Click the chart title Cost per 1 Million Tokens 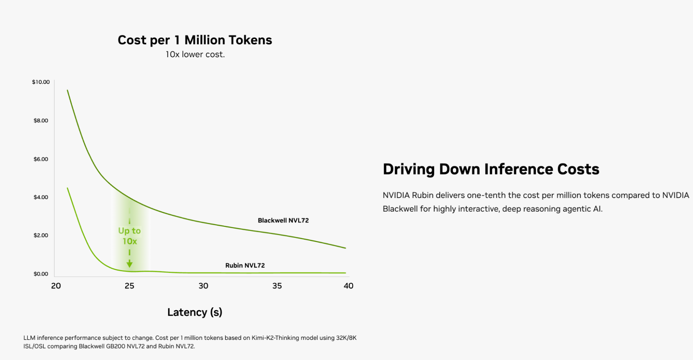tap(195, 40)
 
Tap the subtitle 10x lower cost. tap(195, 54)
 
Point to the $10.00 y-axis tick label tap(41, 82)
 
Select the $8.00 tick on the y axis tap(41, 121)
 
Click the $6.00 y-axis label tap(41, 159)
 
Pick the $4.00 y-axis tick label tap(41, 197)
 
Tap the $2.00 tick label tap(41, 235)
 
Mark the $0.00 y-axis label tap(41, 274)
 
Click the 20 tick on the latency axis tap(56, 286)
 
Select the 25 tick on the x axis tap(129, 286)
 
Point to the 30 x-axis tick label tap(203, 286)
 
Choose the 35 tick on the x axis tap(277, 286)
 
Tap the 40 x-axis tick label tap(348, 286)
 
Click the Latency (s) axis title tap(194, 312)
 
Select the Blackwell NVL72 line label tap(283, 221)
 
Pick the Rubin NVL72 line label tap(245, 266)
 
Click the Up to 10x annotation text tap(129, 236)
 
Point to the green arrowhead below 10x tap(129, 265)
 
